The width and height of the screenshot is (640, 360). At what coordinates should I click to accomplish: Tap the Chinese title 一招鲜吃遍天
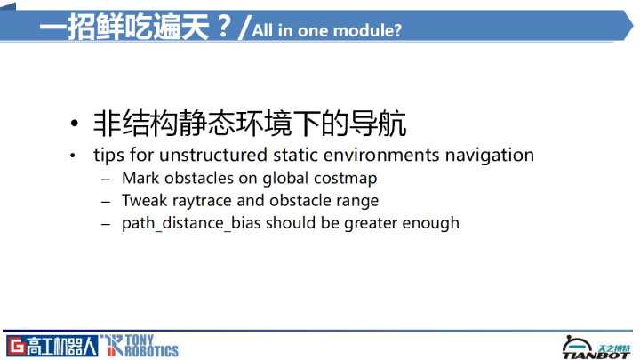[x=124, y=27]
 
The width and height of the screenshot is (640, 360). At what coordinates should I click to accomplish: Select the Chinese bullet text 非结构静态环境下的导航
[x=250, y=124]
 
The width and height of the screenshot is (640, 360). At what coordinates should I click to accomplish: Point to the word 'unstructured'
[x=213, y=155]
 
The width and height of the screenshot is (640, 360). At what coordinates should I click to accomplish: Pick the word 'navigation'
[x=490, y=156]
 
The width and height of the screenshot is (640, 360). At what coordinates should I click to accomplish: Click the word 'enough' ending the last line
[x=430, y=223]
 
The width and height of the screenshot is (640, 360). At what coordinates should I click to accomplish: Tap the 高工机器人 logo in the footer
[x=52, y=346]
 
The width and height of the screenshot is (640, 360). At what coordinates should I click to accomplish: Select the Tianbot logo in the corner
[x=596, y=348]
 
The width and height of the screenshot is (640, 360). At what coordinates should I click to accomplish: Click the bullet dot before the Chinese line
[x=74, y=124]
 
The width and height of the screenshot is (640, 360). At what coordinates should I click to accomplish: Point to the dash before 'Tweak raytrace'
[x=106, y=202]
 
